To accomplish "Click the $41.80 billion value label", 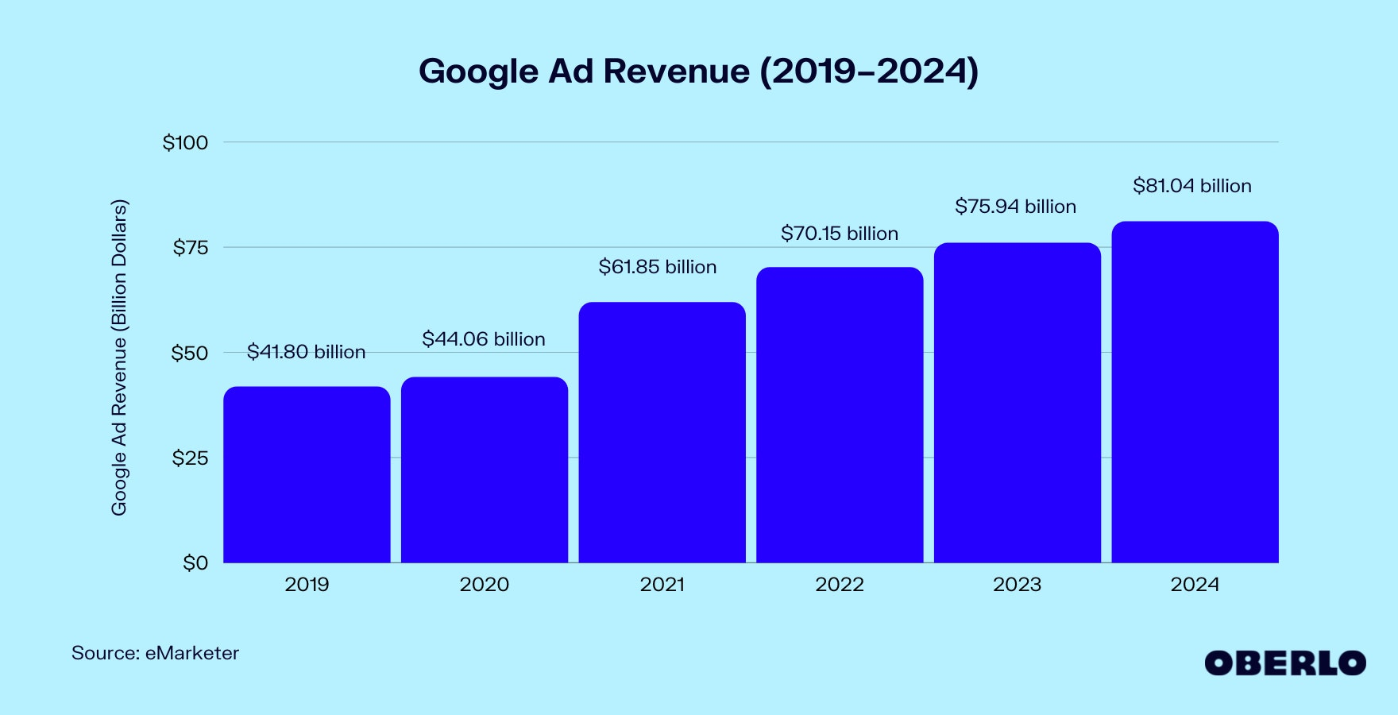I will point(306,352).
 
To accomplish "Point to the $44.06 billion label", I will point(483,339).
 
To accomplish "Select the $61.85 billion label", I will point(658,267).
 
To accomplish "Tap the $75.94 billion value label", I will point(1015,207).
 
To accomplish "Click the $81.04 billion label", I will point(1191,186).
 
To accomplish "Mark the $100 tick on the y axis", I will point(185,143).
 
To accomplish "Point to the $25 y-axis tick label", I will point(190,458).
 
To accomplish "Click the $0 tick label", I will point(195,563).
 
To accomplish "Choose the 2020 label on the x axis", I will point(484,585).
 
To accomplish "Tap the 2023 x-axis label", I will point(1017,585).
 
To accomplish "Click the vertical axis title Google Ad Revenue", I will point(119,357).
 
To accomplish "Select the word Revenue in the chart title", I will point(676,71).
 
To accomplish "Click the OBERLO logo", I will point(1284,663).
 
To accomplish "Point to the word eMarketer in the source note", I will point(191,653).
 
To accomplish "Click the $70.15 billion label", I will point(840,234).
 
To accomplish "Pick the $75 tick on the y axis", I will point(191,248).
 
